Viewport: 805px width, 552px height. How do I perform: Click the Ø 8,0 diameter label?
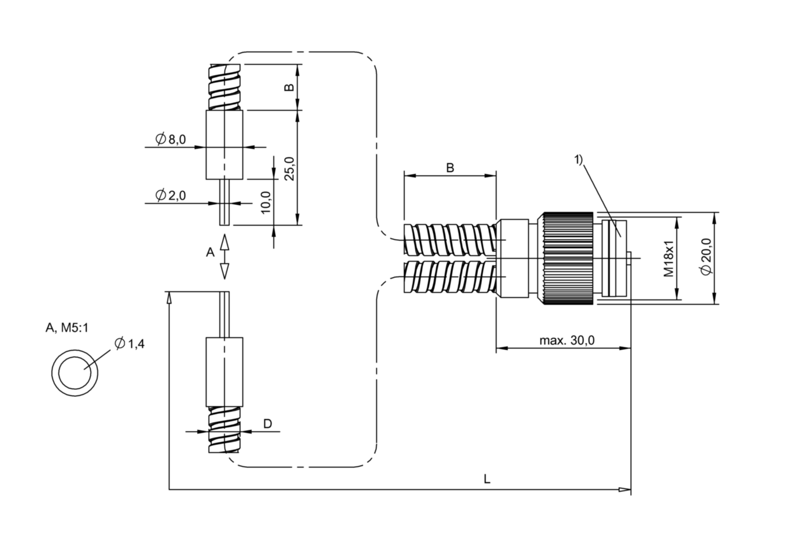pos(171,139)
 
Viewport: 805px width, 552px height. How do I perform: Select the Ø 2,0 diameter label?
pos(171,195)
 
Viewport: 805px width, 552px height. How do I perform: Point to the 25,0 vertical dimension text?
pos(290,169)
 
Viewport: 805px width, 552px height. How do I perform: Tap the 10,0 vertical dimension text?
pos(265,202)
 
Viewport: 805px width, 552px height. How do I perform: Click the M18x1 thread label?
pos(668,258)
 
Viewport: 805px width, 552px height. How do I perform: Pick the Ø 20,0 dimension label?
pos(706,257)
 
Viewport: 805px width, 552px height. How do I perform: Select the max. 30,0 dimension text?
pos(567,340)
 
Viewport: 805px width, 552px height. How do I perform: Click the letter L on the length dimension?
pos(487,478)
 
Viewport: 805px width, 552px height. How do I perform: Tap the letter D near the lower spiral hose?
pos(268,424)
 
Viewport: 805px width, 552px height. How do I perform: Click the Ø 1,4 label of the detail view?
pos(129,344)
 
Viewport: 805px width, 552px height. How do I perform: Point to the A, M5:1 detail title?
pos(67,328)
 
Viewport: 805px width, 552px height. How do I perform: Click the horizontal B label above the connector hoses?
pos(450,167)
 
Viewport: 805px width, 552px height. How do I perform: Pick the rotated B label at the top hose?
pos(289,88)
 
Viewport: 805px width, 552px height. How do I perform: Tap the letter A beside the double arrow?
pos(210,252)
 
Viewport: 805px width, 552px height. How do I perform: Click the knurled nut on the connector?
pos(568,258)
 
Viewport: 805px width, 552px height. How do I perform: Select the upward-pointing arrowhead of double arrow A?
pos(224,242)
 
